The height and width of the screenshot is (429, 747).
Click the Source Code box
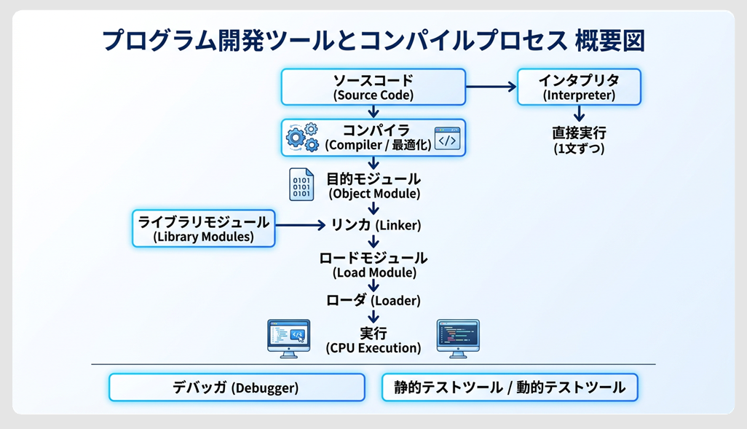tap(373, 87)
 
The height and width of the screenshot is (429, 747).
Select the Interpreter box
tap(579, 87)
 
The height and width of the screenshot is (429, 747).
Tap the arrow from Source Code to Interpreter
tap(491, 87)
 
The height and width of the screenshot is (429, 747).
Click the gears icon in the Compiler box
tap(303, 138)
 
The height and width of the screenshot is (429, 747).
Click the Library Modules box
tap(204, 228)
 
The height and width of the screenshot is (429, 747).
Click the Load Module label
tap(374, 265)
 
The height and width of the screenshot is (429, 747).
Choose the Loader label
tap(374, 299)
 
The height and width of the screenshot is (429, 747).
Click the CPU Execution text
tap(373, 340)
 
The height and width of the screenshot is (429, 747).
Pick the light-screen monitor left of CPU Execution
tap(288, 337)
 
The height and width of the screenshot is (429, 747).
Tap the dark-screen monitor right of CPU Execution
tap(457, 337)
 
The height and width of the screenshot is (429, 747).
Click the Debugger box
tap(237, 387)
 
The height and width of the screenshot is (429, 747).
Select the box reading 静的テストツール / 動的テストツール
tap(510, 387)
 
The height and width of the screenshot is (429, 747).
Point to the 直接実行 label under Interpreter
tap(579, 141)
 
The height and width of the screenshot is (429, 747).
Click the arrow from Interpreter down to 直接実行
tap(579, 114)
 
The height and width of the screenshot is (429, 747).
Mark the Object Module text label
tap(373, 186)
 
